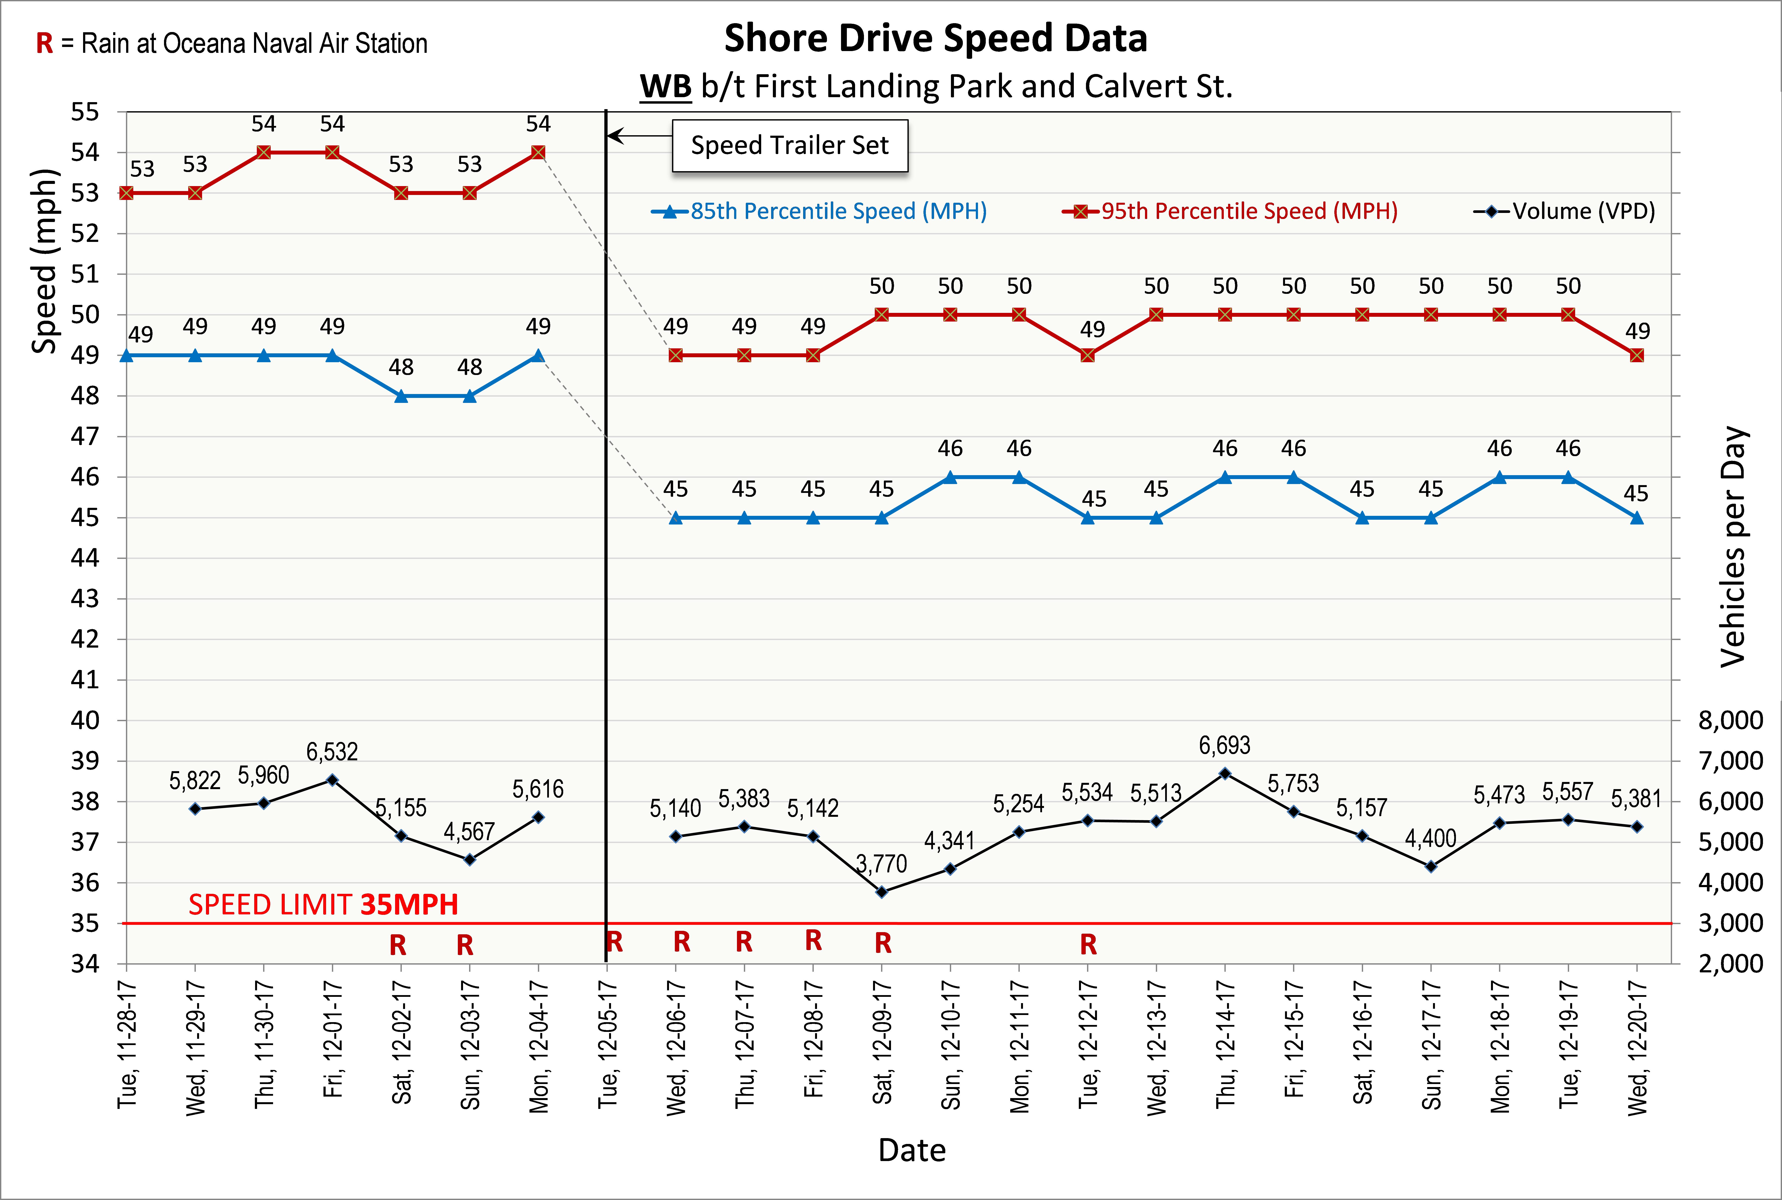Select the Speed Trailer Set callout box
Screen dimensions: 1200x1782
[x=790, y=145]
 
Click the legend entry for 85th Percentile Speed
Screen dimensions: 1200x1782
[x=819, y=211]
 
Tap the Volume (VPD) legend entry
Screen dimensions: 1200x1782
[x=1565, y=211]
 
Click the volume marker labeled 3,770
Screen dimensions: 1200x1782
[x=881, y=892]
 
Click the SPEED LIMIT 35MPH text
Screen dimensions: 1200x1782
[x=323, y=905]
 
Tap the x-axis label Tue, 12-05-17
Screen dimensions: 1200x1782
[x=607, y=1045]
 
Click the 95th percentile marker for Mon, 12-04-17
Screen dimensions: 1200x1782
[x=538, y=152]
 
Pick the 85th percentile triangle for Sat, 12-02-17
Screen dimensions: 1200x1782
[x=401, y=396]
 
